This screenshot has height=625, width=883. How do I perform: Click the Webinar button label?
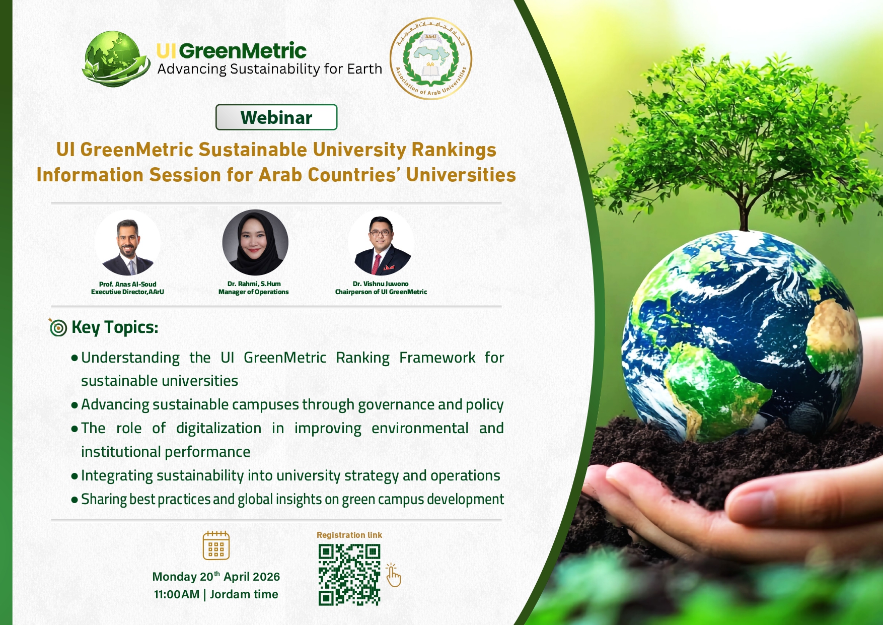coord(276,117)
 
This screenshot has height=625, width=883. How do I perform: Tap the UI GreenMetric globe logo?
coord(117,58)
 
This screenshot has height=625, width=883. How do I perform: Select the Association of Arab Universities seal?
coord(430,58)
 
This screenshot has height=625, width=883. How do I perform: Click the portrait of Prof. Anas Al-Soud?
coord(128,243)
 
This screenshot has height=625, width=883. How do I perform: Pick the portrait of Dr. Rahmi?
coord(255,243)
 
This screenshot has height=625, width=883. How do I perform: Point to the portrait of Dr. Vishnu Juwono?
coord(381,243)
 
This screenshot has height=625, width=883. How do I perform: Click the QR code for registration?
coord(349,575)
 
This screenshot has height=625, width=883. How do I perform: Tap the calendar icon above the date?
coord(216,545)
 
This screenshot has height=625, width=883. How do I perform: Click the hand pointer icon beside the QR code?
coord(393,575)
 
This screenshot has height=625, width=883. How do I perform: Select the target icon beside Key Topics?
coord(58,327)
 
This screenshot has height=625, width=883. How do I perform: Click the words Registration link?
coord(349,535)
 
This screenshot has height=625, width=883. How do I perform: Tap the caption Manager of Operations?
coord(254,292)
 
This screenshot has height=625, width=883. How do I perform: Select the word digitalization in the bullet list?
coord(219,428)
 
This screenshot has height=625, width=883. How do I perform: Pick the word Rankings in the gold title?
coord(454,150)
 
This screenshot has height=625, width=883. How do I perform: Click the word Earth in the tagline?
coord(364,68)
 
